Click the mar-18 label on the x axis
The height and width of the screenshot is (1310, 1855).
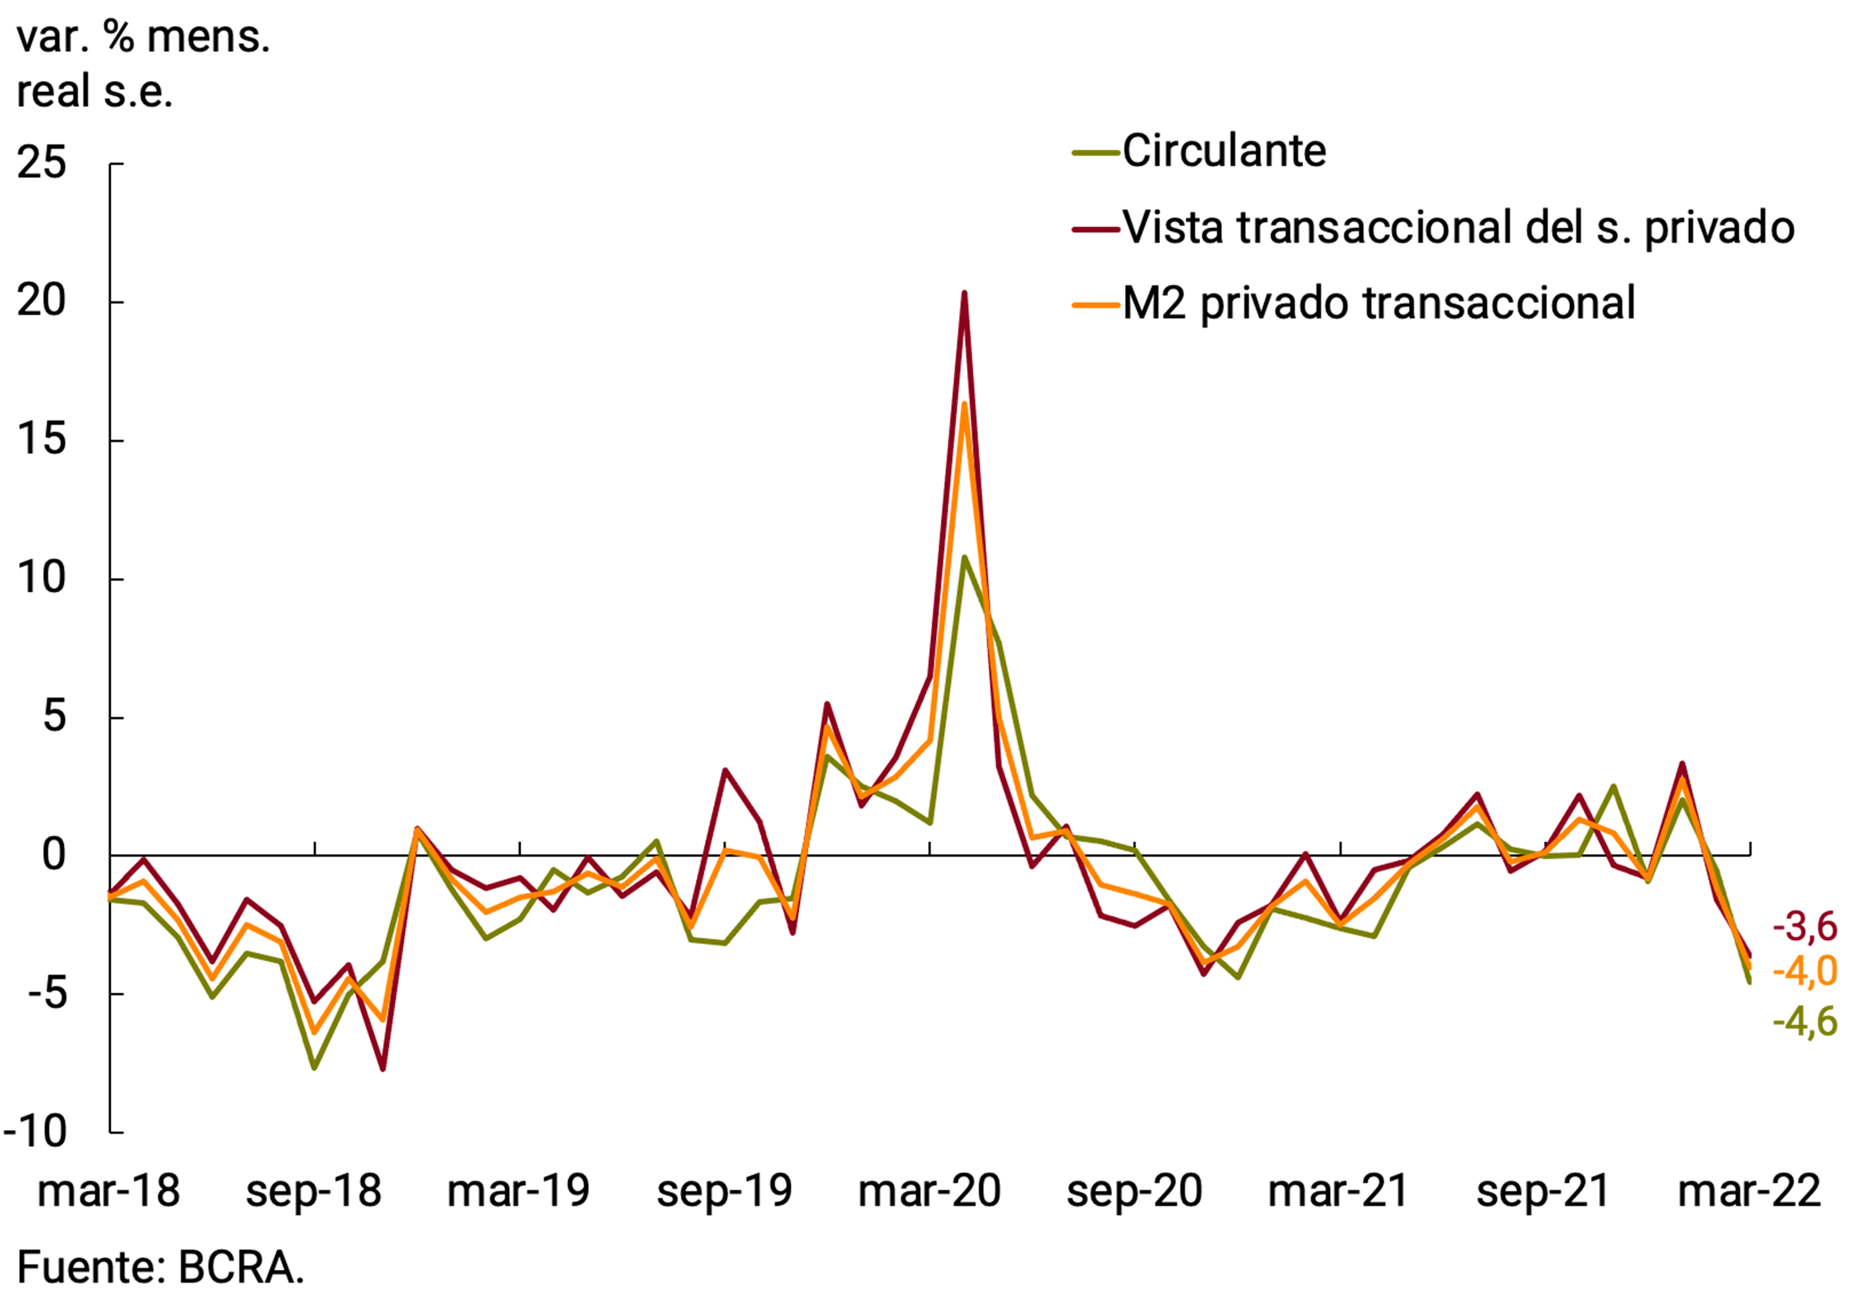(109, 1191)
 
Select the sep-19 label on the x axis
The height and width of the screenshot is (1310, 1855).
(725, 1191)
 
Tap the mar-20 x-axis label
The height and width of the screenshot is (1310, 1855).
(929, 1191)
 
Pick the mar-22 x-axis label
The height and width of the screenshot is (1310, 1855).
(1749, 1191)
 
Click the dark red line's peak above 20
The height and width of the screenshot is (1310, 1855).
(964, 294)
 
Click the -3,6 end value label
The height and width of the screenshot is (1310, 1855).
(1804, 927)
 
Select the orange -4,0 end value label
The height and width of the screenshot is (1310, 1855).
(1804, 972)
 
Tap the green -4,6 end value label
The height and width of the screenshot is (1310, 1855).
(1804, 1022)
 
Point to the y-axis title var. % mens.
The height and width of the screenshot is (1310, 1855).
(142, 38)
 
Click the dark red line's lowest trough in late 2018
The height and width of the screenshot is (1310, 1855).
(382, 1068)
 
